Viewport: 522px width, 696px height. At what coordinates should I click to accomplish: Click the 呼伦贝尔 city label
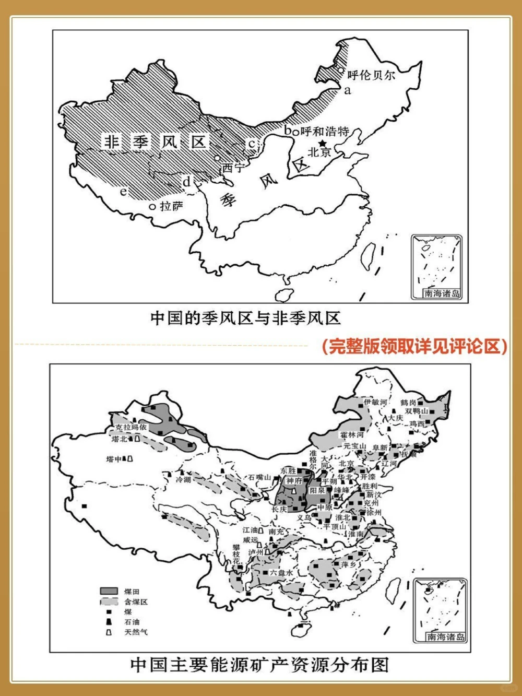coord(371,75)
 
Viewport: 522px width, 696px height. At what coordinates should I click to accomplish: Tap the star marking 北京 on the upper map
coord(323,143)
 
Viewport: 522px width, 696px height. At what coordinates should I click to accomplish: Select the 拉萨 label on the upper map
coord(171,207)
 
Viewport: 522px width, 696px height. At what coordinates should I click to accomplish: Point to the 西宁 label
coord(233,168)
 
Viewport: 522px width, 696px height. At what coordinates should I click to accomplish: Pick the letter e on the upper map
coord(123,192)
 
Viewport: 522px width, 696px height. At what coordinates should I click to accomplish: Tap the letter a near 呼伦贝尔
coord(348,90)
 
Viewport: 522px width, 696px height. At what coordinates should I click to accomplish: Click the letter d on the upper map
coord(186,182)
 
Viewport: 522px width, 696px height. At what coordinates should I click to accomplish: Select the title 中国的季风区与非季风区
coord(245,318)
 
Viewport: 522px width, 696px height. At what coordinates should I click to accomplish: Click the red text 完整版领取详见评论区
coord(414,346)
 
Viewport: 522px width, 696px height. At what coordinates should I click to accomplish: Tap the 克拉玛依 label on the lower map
coord(128,427)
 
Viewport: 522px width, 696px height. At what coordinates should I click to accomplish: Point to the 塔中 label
coord(114,459)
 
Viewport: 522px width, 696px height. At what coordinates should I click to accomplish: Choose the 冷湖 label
coord(183,479)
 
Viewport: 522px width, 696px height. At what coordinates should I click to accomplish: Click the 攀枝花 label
coord(236,554)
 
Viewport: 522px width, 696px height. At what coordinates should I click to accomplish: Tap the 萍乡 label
coord(348,564)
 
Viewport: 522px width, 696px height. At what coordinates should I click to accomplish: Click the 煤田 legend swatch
coord(109,592)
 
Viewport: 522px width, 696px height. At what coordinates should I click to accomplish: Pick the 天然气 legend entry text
coord(136,632)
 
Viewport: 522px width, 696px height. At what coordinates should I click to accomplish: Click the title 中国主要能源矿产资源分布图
coord(259,665)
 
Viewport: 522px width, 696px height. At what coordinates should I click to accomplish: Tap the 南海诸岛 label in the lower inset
coord(445,636)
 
